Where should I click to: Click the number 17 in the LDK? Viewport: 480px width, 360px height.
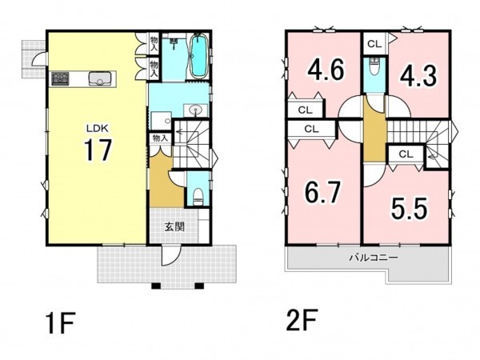click(98, 150)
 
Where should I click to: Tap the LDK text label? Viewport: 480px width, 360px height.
click(97, 129)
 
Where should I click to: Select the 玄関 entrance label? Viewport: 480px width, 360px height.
click(174, 227)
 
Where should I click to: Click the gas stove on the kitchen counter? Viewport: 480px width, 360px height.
click(60, 78)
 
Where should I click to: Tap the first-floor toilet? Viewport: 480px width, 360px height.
click(198, 196)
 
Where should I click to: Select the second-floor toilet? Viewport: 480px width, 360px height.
click(374, 66)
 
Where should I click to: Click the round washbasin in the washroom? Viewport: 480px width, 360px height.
click(195, 110)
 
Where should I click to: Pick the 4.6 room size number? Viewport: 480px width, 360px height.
click(326, 70)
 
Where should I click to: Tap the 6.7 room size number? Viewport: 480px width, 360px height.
click(322, 192)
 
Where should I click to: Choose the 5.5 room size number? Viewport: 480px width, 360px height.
click(409, 209)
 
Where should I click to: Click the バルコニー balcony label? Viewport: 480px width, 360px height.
click(374, 257)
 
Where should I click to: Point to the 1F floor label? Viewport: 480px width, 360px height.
click(60, 323)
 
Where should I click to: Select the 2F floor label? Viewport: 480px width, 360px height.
click(302, 320)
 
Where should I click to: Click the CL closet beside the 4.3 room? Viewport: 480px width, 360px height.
click(374, 44)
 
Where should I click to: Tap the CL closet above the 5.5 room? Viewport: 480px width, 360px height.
click(406, 154)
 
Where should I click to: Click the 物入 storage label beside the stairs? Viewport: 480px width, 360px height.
click(160, 138)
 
